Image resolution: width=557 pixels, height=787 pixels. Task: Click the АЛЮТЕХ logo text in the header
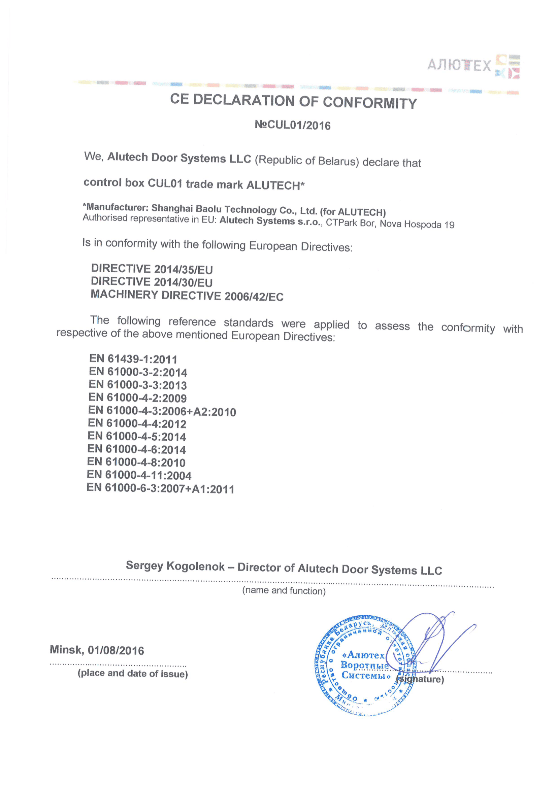point(459,65)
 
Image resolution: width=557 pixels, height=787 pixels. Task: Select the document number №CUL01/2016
point(293,125)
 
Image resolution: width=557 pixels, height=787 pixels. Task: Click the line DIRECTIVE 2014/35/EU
point(152,269)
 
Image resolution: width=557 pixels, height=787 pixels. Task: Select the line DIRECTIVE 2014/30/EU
point(152,282)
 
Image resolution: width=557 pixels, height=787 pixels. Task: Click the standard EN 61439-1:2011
point(133,359)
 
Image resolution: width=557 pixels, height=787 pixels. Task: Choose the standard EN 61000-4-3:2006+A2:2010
point(162,411)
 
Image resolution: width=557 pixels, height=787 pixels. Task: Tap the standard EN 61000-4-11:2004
point(139,475)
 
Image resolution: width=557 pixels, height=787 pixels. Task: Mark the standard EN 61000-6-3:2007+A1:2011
point(160,488)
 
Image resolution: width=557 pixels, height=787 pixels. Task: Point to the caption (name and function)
point(284,591)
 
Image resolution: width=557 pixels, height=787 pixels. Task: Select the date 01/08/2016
point(116,650)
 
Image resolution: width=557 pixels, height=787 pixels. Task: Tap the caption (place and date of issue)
point(133,674)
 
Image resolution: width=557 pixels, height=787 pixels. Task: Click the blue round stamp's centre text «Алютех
point(364,655)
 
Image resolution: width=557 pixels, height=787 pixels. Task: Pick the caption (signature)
point(420,679)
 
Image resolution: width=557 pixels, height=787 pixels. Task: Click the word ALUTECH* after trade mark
point(275,185)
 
